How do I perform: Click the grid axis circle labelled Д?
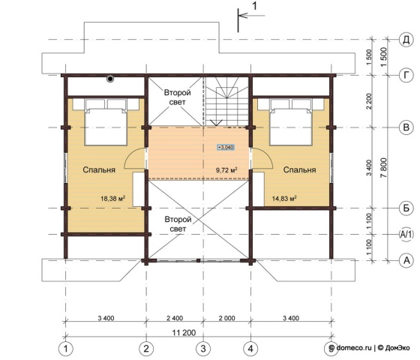click(406, 40)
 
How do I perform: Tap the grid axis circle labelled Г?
click(406, 75)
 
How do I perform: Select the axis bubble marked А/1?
click(406, 234)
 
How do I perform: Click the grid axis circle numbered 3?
click(203, 349)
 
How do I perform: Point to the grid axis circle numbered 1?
click(66, 349)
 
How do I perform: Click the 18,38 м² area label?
click(113, 199)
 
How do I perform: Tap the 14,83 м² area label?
click(284, 199)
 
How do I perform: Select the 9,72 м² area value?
click(226, 169)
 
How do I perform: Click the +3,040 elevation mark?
click(226, 147)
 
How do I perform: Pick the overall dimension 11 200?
click(184, 333)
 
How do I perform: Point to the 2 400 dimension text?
click(175, 318)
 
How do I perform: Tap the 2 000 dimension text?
click(226, 318)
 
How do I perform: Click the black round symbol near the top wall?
click(110, 79)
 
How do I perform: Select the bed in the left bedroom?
click(106, 122)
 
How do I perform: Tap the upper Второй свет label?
click(178, 97)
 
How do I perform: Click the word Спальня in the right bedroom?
click(299, 169)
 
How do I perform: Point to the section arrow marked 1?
click(251, 16)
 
